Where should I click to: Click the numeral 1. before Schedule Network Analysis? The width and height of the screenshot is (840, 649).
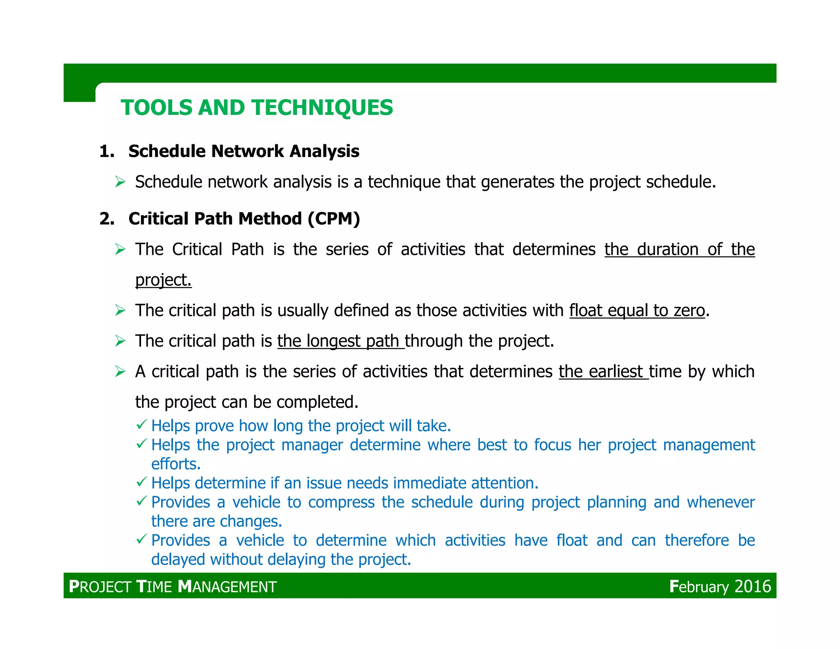[107, 151]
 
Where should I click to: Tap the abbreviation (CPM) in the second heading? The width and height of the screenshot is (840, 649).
[334, 218]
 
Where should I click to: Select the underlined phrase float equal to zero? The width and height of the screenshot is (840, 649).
[637, 311]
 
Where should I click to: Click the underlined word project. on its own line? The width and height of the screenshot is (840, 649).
[163, 280]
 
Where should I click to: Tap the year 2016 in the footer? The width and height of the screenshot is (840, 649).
[753, 586]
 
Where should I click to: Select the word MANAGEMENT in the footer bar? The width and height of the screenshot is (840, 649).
[228, 587]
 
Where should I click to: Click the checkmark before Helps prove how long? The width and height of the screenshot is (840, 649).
[142, 425]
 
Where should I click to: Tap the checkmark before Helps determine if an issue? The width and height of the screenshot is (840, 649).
[142, 482]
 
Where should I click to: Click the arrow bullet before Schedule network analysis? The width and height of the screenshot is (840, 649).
[120, 182]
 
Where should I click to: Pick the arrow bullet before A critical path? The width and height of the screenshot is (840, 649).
[120, 372]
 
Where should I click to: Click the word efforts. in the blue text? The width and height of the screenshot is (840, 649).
[176, 464]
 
